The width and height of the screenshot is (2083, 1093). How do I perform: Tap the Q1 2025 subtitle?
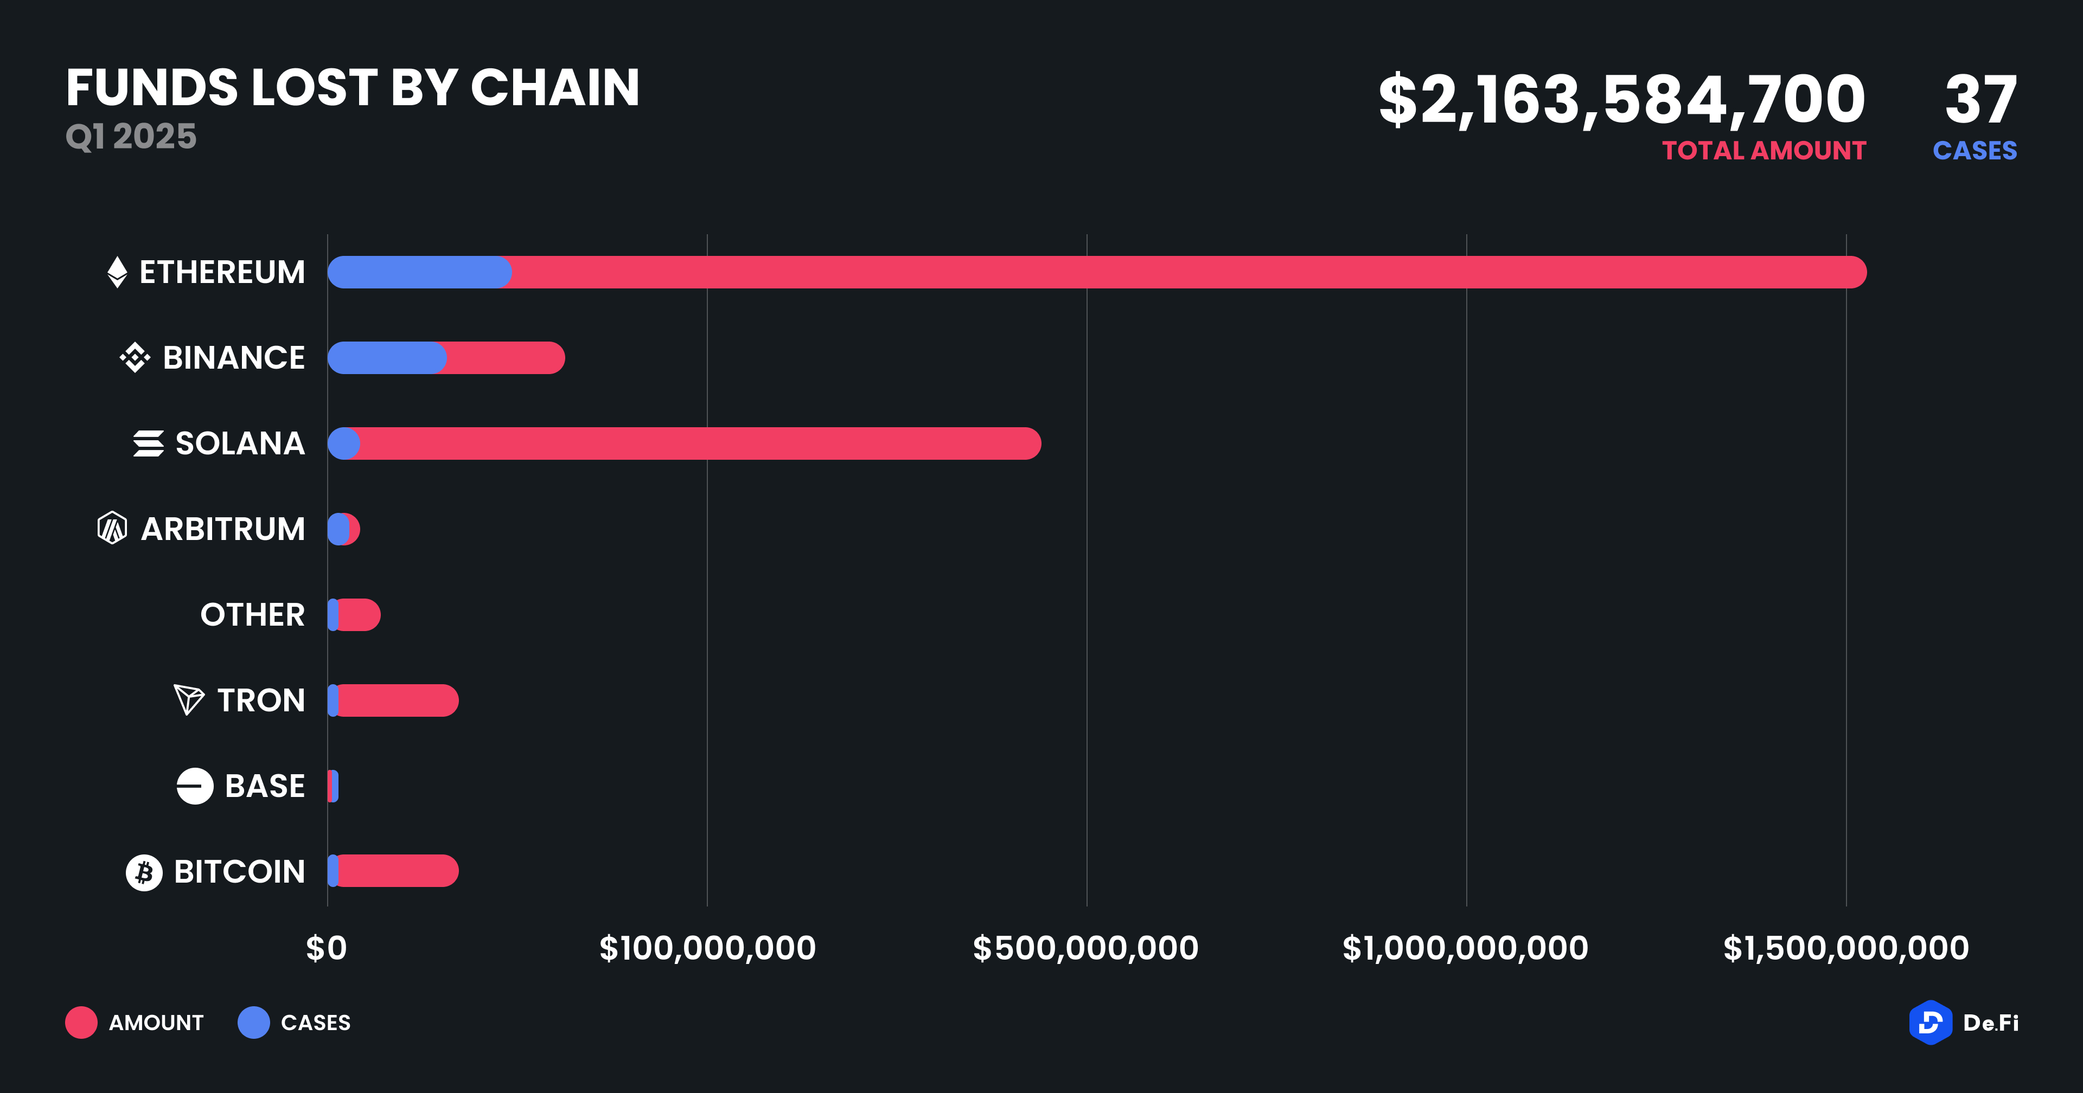click(x=131, y=137)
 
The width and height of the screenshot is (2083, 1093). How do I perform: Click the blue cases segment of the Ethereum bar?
click(x=419, y=273)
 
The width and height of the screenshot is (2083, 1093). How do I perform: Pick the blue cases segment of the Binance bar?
click(x=387, y=358)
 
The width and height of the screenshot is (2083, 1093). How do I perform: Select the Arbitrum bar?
click(x=344, y=530)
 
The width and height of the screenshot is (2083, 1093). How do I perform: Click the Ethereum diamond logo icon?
click(x=117, y=273)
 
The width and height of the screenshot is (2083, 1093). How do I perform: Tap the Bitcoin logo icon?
click(x=144, y=872)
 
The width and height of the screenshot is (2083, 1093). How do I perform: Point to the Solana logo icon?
click(x=149, y=444)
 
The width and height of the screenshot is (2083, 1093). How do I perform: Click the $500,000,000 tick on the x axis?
click(x=1086, y=948)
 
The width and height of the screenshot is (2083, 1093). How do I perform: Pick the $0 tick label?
click(x=327, y=948)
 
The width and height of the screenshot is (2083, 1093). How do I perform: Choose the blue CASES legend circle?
click(x=254, y=1023)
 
